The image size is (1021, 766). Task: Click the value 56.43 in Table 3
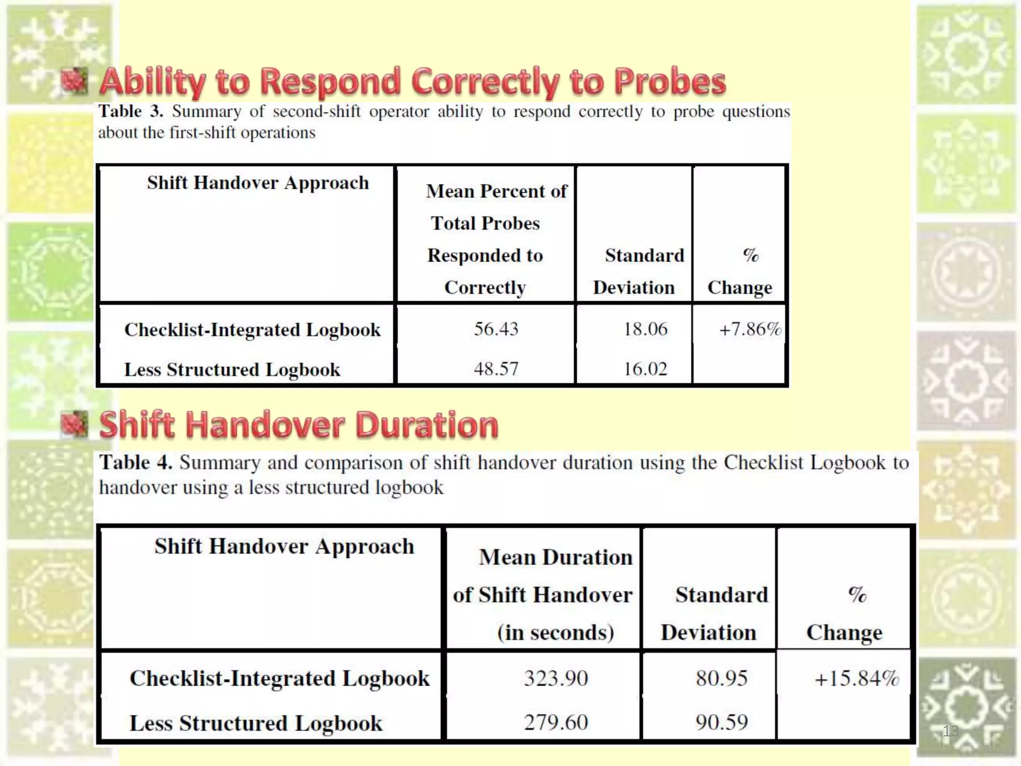tap(496, 329)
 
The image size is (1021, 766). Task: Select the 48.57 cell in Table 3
tap(496, 369)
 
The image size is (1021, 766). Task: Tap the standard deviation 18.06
tap(645, 329)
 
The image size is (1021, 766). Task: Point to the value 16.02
tap(645, 369)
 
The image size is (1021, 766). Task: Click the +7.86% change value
tap(749, 329)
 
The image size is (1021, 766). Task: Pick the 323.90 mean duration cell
tap(556, 678)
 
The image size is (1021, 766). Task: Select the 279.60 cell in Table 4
tap(556, 722)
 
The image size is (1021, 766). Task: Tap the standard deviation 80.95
tap(721, 678)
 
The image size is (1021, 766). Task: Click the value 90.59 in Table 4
tap(721, 722)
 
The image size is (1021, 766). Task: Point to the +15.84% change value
tap(856, 678)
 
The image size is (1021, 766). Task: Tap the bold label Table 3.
tap(131, 111)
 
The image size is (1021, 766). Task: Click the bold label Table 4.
tap(136, 462)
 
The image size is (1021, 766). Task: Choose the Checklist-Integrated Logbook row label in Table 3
tap(252, 330)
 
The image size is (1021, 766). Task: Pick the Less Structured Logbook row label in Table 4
tap(256, 723)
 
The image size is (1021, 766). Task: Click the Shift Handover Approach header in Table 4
tap(284, 546)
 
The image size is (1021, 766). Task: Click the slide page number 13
tap(950, 731)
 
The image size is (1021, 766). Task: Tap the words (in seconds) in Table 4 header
tap(555, 632)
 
